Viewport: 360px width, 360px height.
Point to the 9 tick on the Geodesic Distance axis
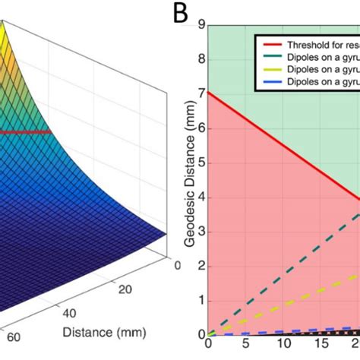(x=201, y=25)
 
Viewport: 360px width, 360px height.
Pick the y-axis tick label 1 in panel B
(x=201, y=300)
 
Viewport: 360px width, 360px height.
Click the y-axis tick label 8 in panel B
(x=201, y=59)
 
